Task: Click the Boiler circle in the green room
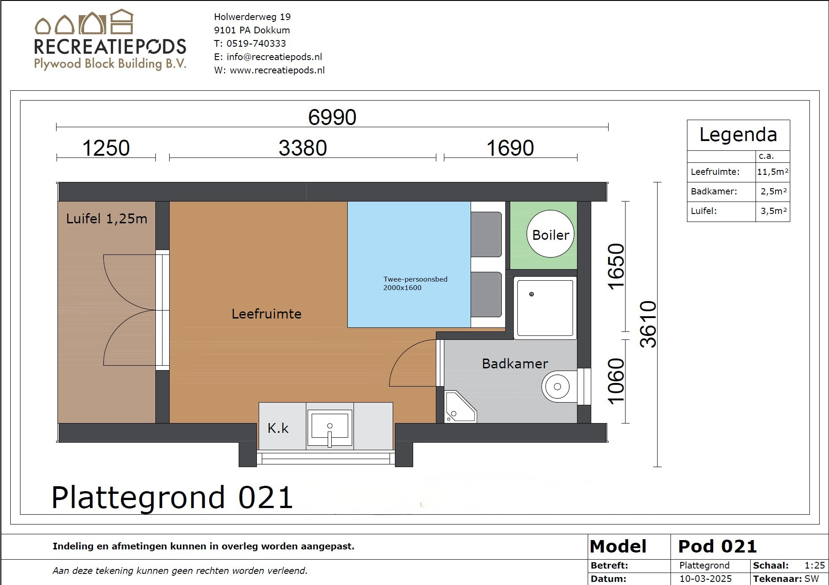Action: (550, 234)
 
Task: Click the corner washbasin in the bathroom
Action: (460, 407)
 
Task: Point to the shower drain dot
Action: (531, 294)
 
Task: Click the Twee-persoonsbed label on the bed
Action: (415, 279)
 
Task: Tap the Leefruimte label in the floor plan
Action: (266, 314)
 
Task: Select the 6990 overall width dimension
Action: (332, 117)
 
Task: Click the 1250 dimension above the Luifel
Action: (106, 148)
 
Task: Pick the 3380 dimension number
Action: (303, 148)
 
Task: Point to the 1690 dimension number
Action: (510, 148)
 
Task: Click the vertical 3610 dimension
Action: (648, 324)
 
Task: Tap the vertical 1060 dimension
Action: (616, 381)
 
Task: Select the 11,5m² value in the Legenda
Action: (772, 172)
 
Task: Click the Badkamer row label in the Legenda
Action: (714, 191)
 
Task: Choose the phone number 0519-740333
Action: (256, 44)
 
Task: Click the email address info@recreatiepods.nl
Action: (274, 57)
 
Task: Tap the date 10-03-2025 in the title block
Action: (706, 579)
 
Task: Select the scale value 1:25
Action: (815, 565)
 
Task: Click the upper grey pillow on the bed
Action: (486, 234)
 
